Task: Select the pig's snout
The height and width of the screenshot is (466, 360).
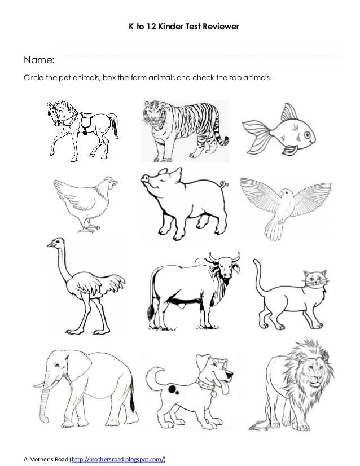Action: [143, 179]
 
